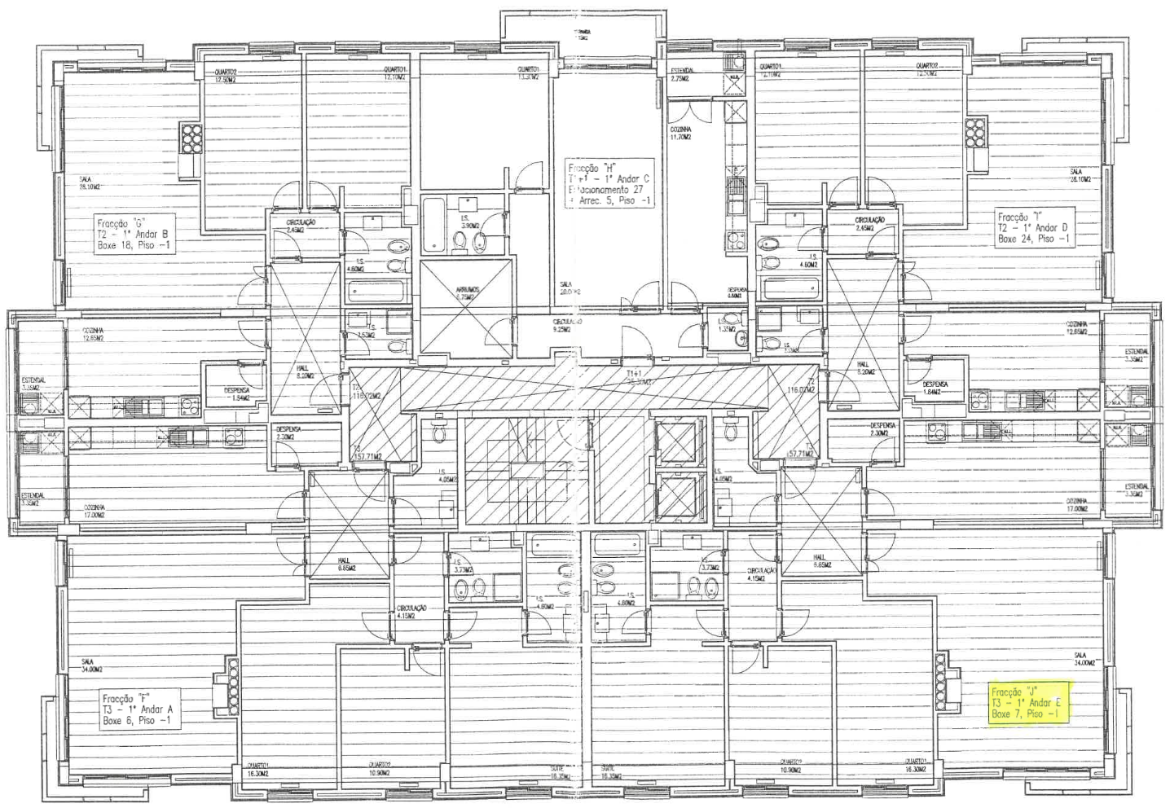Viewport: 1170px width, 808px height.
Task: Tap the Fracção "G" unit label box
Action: pyautogui.click(x=134, y=234)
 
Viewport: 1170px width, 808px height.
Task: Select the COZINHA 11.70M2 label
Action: pyautogui.click(x=680, y=133)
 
